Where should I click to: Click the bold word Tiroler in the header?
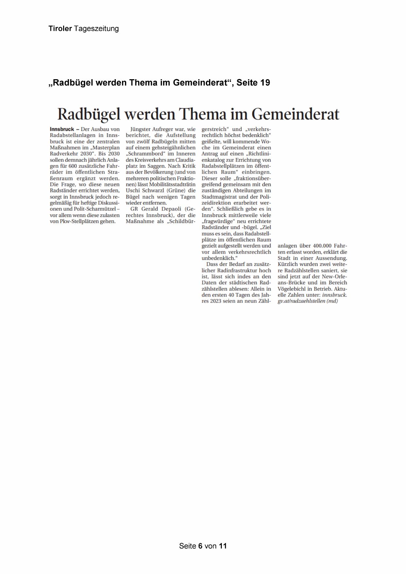click(60, 29)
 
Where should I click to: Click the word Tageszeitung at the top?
click(96, 29)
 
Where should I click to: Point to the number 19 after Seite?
click(265, 83)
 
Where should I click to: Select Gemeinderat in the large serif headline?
click(295, 114)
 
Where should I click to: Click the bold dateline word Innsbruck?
click(62, 129)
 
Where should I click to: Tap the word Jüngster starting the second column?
click(140, 129)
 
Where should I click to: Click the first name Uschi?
click(133, 190)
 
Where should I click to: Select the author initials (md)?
click(332, 301)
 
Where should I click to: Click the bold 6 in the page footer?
click(200, 546)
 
